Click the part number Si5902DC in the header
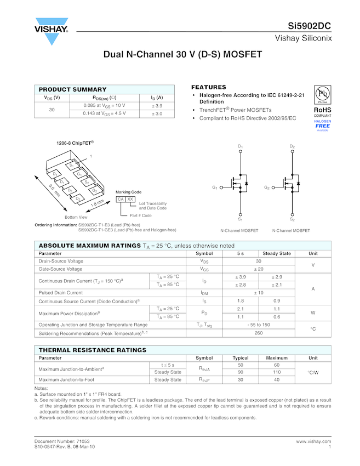pos(310,26)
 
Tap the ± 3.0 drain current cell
pos(157,113)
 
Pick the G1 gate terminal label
pos(215,187)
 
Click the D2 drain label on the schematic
pos(292,147)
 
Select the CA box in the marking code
pos(121,199)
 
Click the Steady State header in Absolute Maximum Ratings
pos(277,253)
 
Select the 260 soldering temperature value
pos(258,333)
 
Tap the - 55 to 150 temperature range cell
pos(258,325)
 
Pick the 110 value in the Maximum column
pos(277,372)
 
